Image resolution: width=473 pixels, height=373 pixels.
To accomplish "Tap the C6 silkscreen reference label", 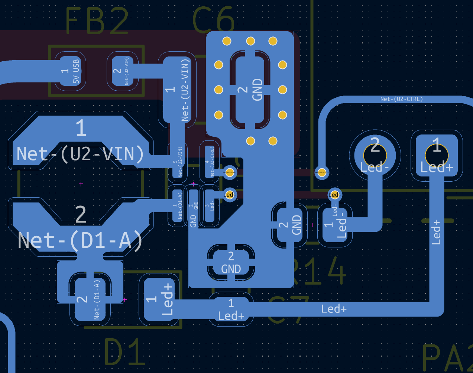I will [214, 21].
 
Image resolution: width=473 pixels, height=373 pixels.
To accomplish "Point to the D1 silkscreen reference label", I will [124, 352].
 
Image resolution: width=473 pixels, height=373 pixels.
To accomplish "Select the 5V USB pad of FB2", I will [70, 71].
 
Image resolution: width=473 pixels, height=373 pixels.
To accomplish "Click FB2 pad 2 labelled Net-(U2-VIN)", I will [122, 71].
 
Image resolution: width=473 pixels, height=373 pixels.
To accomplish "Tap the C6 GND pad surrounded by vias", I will [250, 90].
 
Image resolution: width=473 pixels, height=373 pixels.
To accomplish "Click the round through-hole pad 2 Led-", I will [375, 156].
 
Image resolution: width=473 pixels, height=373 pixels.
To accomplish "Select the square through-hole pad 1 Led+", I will [437, 156].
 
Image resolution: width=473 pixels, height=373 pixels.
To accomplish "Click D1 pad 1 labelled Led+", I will [159, 299].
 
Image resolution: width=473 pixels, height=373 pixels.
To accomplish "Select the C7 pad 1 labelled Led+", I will [231, 309].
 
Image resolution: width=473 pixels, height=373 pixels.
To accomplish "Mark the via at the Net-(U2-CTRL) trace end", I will [322, 172].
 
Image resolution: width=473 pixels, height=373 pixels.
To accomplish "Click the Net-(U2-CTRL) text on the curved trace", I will [401, 99].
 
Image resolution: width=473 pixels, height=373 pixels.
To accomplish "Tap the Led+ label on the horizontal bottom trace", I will [334, 309].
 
